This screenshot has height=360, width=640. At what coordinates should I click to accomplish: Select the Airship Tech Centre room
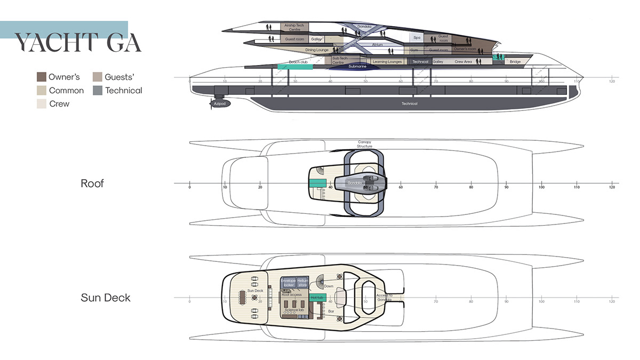pos(295,27)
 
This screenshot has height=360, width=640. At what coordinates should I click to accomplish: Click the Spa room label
pos(417,38)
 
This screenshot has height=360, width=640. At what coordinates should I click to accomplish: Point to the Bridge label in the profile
pos(515,62)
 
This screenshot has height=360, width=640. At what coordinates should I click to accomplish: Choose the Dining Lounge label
pos(317,50)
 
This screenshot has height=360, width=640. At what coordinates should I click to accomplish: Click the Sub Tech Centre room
pos(339,60)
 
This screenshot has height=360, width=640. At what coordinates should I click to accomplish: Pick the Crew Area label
pos(463,62)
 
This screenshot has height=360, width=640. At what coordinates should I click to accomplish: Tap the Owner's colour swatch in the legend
pos(42,77)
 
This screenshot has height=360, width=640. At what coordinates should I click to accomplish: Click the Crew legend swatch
pos(42,103)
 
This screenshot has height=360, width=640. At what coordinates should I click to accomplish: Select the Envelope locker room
pos(288,283)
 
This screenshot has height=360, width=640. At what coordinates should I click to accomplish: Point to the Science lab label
pos(294,309)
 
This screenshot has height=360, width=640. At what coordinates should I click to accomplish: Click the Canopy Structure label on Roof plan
pos(364,144)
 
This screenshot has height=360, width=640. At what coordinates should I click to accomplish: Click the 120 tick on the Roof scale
pos(612,188)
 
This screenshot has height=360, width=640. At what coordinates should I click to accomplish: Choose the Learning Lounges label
pos(387,62)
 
